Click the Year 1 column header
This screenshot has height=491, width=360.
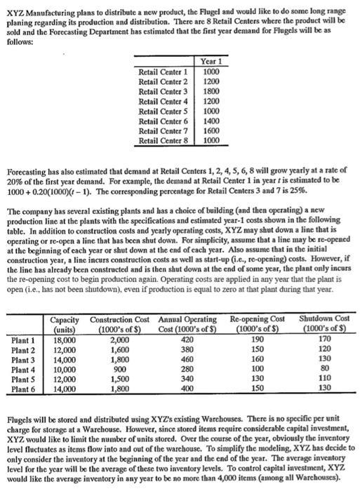pyautogui.click(x=211, y=62)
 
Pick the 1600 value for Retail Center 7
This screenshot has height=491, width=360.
pyautogui.click(x=211, y=130)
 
